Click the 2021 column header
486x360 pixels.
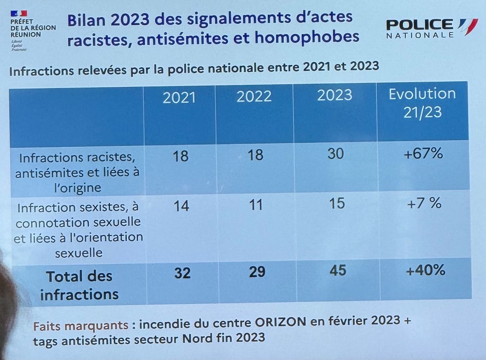click(179, 97)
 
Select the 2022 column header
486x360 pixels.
click(254, 96)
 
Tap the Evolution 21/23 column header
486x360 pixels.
click(422, 102)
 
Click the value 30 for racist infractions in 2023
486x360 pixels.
click(335, 154)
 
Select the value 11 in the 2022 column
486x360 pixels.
click(255, 204)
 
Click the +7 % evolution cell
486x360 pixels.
click(424, 203)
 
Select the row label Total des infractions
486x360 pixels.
click(79, 285)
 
